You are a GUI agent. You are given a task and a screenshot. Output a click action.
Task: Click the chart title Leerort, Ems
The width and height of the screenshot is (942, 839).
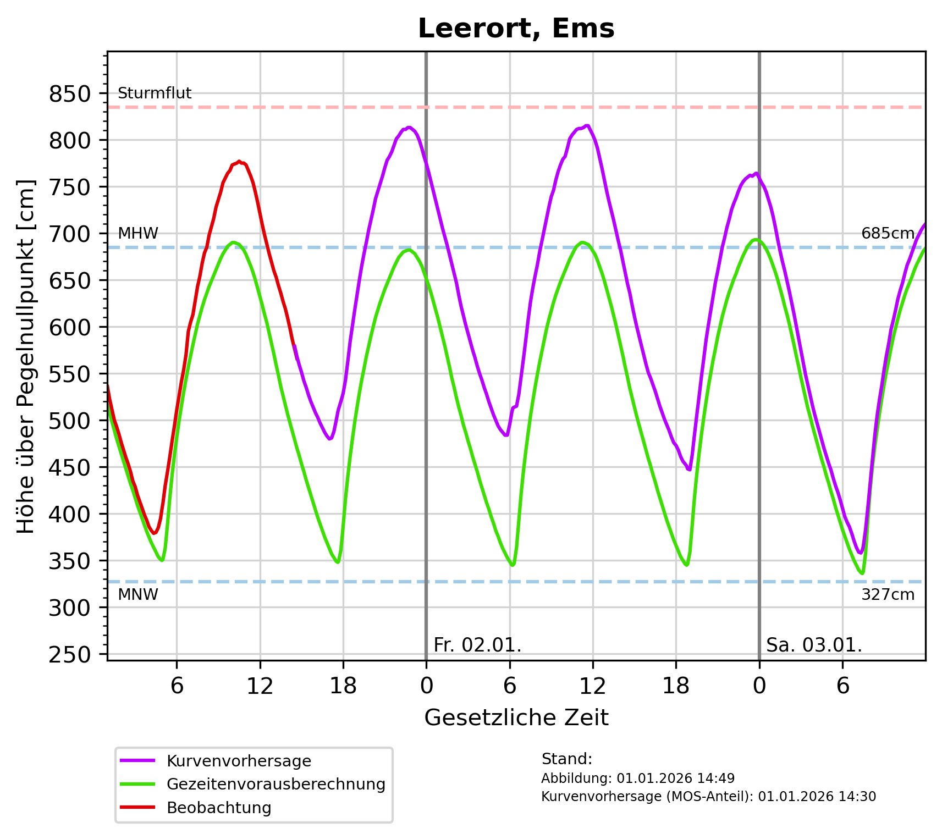516,29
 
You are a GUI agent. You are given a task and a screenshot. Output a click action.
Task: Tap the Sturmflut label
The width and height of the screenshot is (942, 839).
155,93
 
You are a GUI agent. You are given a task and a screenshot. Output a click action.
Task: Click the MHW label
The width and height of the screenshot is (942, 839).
138,234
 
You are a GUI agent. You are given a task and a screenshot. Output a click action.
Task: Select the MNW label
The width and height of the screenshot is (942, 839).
138,594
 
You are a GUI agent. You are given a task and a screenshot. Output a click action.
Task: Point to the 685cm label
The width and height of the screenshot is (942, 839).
888,234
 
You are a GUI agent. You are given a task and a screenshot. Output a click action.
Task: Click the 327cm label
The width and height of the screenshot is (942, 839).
888,594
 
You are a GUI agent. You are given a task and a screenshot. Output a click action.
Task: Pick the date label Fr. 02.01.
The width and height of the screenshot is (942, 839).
477,644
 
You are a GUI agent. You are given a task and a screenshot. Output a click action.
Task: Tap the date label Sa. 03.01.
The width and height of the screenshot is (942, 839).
814,644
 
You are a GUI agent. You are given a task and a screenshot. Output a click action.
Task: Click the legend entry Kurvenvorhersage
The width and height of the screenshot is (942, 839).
239,761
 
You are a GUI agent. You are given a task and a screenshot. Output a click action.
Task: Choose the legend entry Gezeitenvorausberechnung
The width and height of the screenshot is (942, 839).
276,784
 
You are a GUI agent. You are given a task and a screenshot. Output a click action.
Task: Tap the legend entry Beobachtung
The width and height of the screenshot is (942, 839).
219,808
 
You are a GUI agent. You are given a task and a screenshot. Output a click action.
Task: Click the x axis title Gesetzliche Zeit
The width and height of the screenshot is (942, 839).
516,717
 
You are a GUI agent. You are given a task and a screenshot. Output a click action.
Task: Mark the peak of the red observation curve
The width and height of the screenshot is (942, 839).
239,162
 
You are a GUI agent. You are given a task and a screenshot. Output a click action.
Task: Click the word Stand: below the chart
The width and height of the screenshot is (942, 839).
566,759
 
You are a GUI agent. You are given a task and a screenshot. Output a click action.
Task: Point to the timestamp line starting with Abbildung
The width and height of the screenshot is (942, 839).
637,778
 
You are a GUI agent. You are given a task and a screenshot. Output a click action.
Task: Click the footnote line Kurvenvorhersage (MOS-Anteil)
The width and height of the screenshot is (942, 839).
708,796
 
